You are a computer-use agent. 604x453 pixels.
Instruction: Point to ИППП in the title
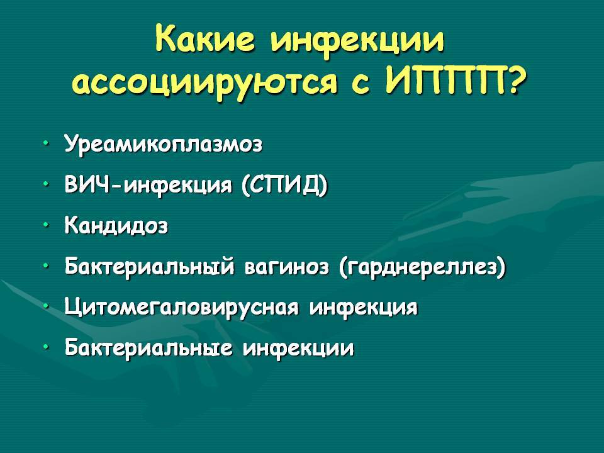[x=446, y=80]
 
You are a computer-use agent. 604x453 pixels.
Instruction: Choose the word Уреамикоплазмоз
[x=164, y=145]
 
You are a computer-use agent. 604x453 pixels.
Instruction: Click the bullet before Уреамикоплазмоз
[x=46, y=143]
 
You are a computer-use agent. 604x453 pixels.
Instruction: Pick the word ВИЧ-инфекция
[x=148, y=185]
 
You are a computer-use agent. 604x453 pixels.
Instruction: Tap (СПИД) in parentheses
[x=284, y=185]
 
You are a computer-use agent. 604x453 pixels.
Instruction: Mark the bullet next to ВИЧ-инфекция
[x=46, y=184]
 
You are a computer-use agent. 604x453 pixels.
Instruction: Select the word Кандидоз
[x=116, y=225]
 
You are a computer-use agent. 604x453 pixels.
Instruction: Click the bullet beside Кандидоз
[x=46, y=225]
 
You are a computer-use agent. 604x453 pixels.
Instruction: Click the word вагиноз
[x=287, y=267]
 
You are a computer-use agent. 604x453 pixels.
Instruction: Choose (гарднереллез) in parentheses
[x=423, y=267]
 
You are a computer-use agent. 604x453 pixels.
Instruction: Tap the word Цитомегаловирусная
[x=181, y=308]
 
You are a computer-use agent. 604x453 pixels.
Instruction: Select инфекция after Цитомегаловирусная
[x=363, y=308]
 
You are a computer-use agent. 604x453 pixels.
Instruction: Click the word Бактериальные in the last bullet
[x=148, y=347]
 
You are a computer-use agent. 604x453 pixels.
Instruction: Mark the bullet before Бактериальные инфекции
[x=46, y=347]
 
